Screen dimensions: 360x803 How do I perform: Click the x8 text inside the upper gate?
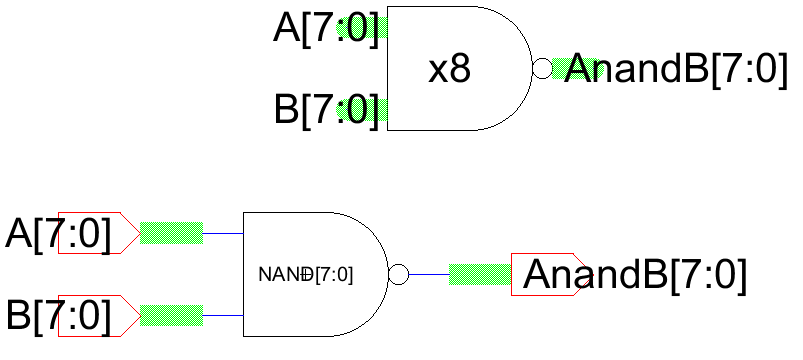[449, 71]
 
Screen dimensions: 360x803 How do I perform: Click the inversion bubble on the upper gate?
[542, 69]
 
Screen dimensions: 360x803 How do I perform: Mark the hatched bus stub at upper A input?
[380, 29]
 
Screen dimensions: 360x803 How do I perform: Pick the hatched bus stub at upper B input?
[380, 109]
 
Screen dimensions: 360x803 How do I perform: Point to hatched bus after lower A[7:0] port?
[171, 233]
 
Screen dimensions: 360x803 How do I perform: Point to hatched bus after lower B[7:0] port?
[171, 315]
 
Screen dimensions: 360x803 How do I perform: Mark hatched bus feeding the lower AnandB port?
[480, 274]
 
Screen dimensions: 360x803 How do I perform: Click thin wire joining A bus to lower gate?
[222, 233]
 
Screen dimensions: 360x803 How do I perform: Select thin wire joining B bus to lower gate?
[222, 315]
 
